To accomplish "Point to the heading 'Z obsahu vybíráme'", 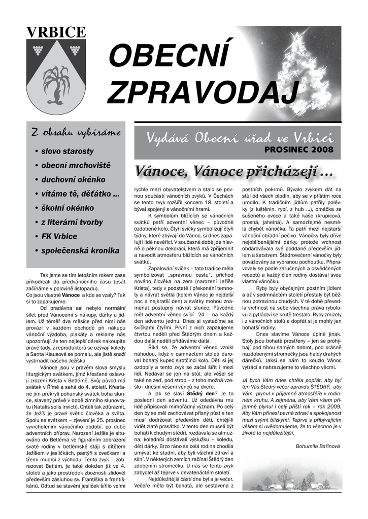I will point(76,133).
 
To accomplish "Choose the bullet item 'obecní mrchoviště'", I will point(76,165).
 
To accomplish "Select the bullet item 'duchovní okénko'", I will point(73,179).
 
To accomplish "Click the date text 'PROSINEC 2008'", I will point(298,150).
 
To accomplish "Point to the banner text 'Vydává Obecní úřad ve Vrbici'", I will point(239,137).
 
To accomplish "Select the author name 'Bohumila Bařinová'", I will point(318,446).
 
